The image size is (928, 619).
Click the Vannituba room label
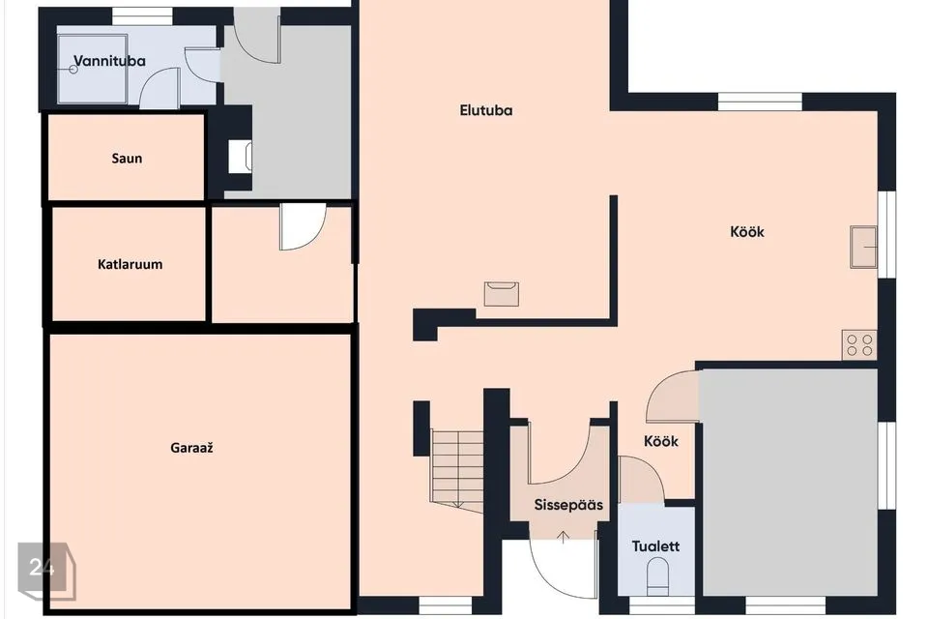point(109,61)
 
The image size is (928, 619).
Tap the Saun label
point(127,159)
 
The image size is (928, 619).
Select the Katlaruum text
point(130,264)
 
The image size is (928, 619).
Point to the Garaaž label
point(191,448)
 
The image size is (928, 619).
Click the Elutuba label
point(486,110)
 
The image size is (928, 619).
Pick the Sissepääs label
point(568,505)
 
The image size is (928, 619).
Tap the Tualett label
point(655,546)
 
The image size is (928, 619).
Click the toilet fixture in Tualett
point(657,577)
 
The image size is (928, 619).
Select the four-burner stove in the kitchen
point(859,344)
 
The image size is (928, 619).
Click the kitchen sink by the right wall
point(863,247)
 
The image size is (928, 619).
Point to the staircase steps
point(457,468)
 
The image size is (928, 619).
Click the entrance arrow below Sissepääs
point(564,537)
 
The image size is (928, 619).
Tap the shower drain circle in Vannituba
point(73,70)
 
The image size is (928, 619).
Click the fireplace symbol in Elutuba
point(502,294)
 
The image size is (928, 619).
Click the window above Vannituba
point(142,16)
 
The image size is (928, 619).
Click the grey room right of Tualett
point(789,482)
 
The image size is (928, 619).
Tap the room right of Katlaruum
point(282,264)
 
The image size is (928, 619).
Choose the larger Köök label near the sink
point(747,231)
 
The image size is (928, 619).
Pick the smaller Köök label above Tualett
point(661,441)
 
